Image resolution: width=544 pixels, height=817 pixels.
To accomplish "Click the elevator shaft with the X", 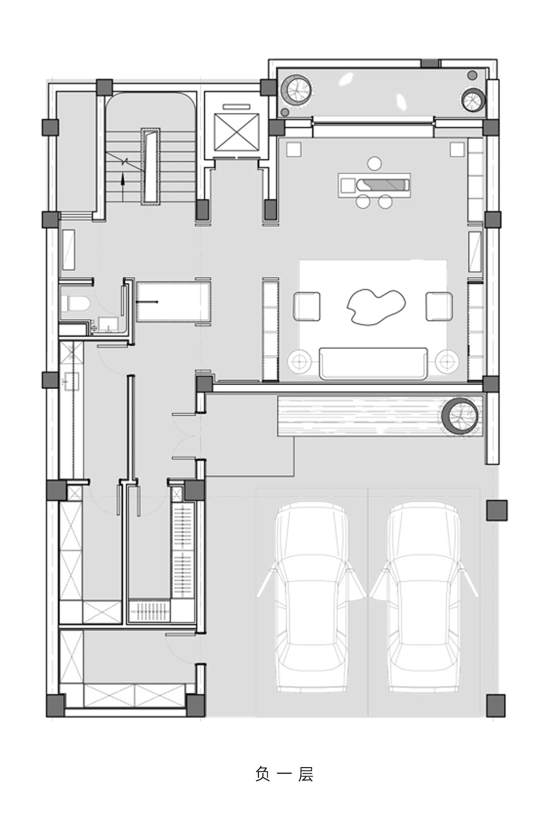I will [x=235, y=131].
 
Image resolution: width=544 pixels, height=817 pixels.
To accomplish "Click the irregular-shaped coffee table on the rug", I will [x=375, y=307].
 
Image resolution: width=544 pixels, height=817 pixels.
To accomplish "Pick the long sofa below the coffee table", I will [x=373, y=363].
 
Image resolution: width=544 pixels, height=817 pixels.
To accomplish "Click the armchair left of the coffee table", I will [x=307, y=306].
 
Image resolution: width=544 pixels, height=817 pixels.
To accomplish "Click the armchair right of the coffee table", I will [x=439, y=306].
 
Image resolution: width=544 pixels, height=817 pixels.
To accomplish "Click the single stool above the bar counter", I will [x=375, y=163].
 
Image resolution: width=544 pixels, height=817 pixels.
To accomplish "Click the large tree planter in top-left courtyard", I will [x=297, y=89].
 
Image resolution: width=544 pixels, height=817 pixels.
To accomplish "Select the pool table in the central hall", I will [x=174, y=301].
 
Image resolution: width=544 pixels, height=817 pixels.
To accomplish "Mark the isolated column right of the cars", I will [x=497, y=510].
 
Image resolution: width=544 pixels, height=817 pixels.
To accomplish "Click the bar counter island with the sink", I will [x=374, y=185].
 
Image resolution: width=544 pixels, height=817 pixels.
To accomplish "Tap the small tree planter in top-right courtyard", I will [x=473, y=99].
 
